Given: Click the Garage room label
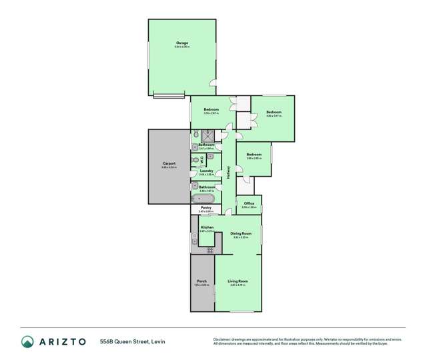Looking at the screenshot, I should [182, 43].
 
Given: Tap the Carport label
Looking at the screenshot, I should [169, 163].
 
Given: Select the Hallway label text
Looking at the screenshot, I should [229, 172].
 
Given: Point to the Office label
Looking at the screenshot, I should [249, 203].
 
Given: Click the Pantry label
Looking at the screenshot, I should [205, 208].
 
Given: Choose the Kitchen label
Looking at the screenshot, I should [207, 228].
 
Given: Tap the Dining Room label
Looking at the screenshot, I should [240, 233].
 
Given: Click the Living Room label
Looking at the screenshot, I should [238, 281].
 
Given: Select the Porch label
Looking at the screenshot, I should [201, 281].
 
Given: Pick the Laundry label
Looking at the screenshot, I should [206, 171].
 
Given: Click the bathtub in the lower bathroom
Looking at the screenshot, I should [203, 199].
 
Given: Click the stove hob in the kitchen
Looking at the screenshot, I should [209, 250].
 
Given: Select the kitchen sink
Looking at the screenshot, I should [194, 240].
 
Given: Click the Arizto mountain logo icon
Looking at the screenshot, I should [28, 341].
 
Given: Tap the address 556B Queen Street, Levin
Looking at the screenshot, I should [132, 341].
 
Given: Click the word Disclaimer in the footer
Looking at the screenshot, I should [222, 339].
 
